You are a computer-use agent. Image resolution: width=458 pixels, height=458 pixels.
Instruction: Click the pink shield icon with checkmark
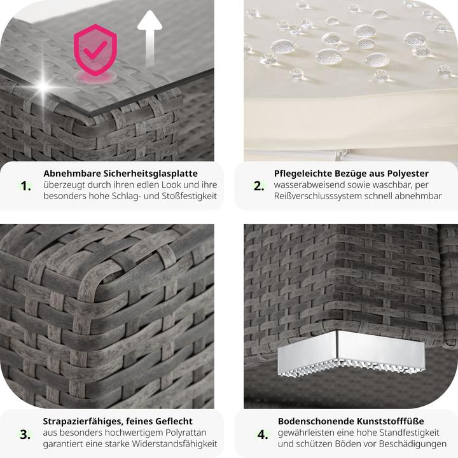[x=95, y=50]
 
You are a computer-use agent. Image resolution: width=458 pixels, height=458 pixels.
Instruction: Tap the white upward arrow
[x=149, y=38]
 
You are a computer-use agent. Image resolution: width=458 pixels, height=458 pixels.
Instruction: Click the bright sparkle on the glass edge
[x=43, y=86]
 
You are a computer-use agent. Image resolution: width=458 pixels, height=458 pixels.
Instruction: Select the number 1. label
[x=25, y=186]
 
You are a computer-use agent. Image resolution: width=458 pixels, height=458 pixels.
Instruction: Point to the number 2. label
[x=259, y=186]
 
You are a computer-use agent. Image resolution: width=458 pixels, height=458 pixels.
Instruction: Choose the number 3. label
[x=25, y=434]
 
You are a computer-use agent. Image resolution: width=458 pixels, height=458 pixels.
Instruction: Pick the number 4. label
[x=263, y=434]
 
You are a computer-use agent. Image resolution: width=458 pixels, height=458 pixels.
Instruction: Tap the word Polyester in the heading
[x=408, y=174]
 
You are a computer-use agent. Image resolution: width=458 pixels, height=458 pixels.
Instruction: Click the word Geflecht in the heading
[x=174, y=421]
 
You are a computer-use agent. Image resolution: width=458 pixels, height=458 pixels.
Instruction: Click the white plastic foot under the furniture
[x=350, y=354]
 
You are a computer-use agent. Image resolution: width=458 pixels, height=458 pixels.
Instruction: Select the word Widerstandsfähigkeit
[x=174, y=444]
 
